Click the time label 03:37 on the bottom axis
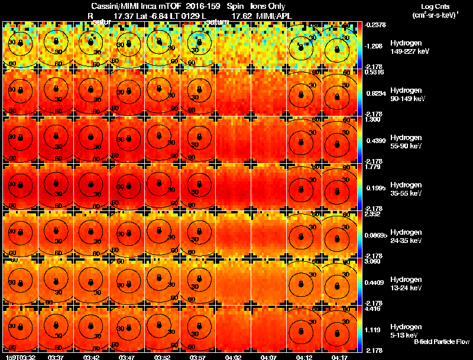(56, 357)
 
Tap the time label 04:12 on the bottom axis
(305, 357)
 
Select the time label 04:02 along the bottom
(234, 357)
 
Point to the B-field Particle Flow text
(441, 342)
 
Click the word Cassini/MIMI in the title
(116, 7)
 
